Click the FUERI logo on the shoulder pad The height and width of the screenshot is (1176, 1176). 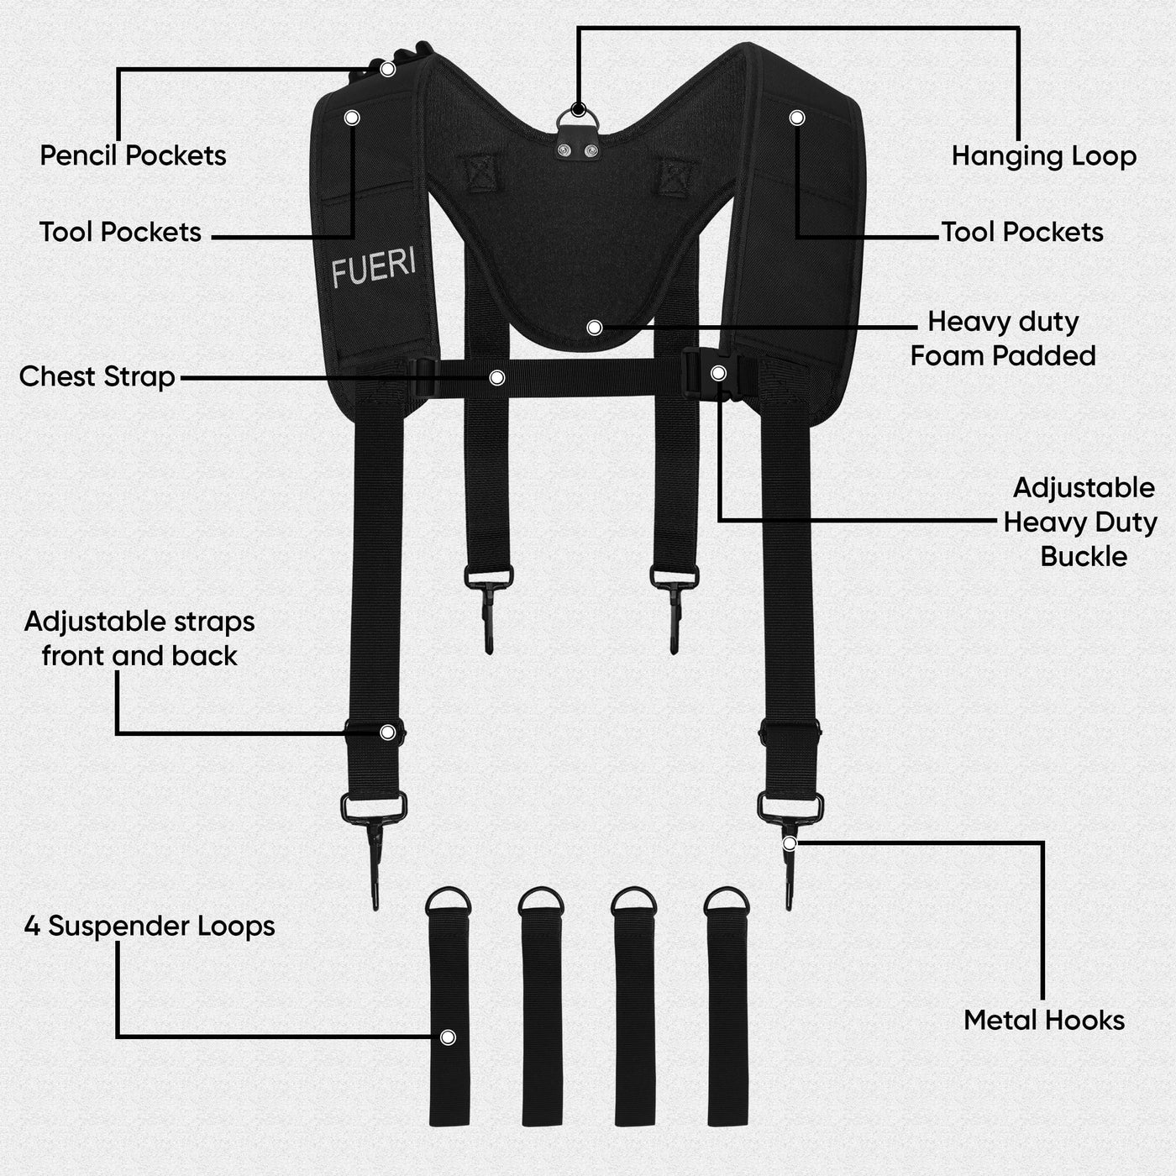[x=374, y=266]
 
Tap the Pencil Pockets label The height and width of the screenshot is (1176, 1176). [x=133, y=155]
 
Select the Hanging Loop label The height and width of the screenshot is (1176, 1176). [x=1043, y=156]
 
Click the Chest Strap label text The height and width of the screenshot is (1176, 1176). [x=97, y=376]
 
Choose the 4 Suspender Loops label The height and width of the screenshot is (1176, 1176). [x=150, y=927]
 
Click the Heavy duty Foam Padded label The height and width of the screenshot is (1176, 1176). [x=1003, y=339]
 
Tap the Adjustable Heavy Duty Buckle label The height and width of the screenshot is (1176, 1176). [x=1080, y=522]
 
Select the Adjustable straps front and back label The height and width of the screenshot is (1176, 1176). [x=139, y=639]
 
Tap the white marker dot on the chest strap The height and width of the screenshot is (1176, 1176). [x=497, y=378]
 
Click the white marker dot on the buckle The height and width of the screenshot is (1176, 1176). [x=718, y=373]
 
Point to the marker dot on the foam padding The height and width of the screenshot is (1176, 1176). [x=595, y=328]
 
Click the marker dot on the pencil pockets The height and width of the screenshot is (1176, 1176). [x=387, y=69]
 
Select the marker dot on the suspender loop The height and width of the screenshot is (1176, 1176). [x=448, y=1037]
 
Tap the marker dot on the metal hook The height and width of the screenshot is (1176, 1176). [x=790, y=844]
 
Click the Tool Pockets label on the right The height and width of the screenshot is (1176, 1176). [x=1022, y=233]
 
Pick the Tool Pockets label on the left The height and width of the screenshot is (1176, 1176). [x=120, y=233]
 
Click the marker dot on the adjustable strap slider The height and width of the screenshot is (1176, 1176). [x=387, y=732]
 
